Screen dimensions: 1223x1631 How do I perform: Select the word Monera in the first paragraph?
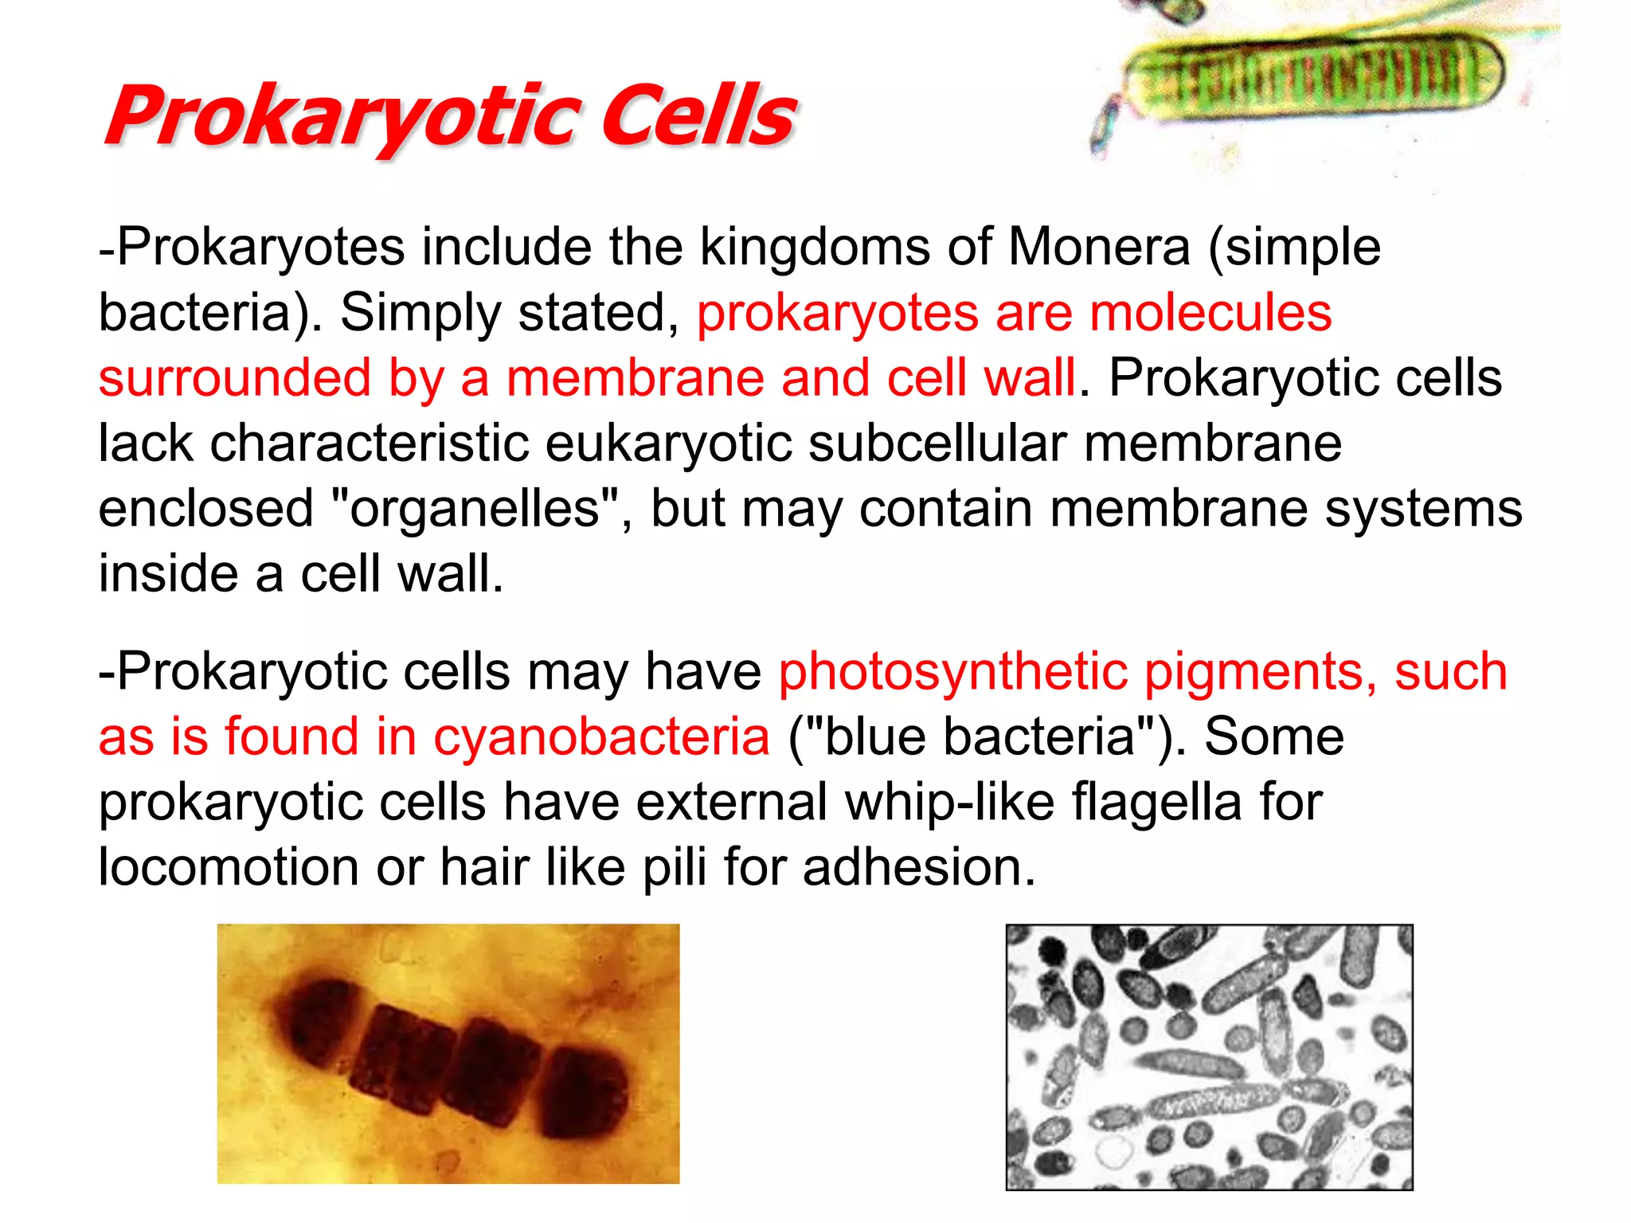pyautogui.click(x=1099, y=247)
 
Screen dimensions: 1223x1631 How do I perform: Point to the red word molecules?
pyautogui.click(x=1211, y=312)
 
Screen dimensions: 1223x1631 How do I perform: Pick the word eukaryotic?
pyautogui.click(x=669, y=444)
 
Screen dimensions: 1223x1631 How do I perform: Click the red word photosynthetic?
pyautogui.click(x=952, y=672)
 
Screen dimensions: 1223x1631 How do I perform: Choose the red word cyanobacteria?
pyautogui.click(x=601, y=737)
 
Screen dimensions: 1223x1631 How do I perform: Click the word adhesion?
pyautogui.click(x=919, y=867)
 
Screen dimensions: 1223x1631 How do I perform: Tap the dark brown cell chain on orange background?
pyautogui.click(x=448, y=1053)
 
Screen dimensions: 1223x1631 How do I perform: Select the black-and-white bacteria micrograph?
pyautogui.click(x=1209, y=1057)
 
